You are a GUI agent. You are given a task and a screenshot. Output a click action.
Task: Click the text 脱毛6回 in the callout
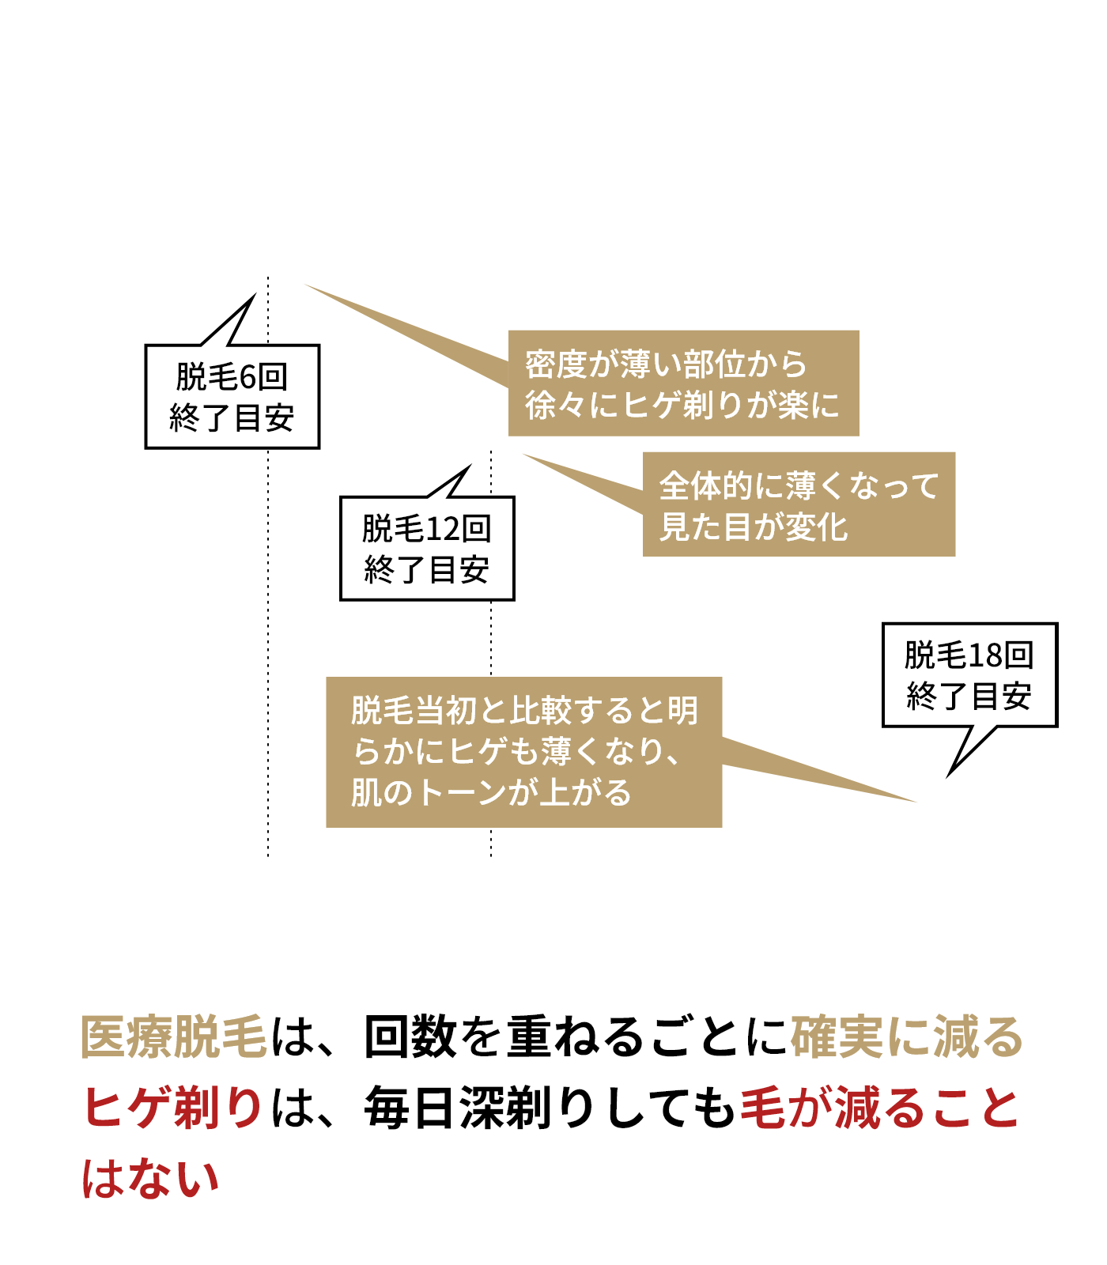(x=232, y=377)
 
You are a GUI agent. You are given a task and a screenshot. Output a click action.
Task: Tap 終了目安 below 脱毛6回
(x=232, y=417)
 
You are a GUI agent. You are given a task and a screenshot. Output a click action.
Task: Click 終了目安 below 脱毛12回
(x=427, y=569)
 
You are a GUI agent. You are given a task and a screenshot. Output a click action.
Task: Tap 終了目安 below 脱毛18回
(x=969, y=696)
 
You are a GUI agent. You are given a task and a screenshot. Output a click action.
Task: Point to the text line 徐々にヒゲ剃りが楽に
(x=682, y=406)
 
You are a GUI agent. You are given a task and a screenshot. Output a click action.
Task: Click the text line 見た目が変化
(x=754, y=527)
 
